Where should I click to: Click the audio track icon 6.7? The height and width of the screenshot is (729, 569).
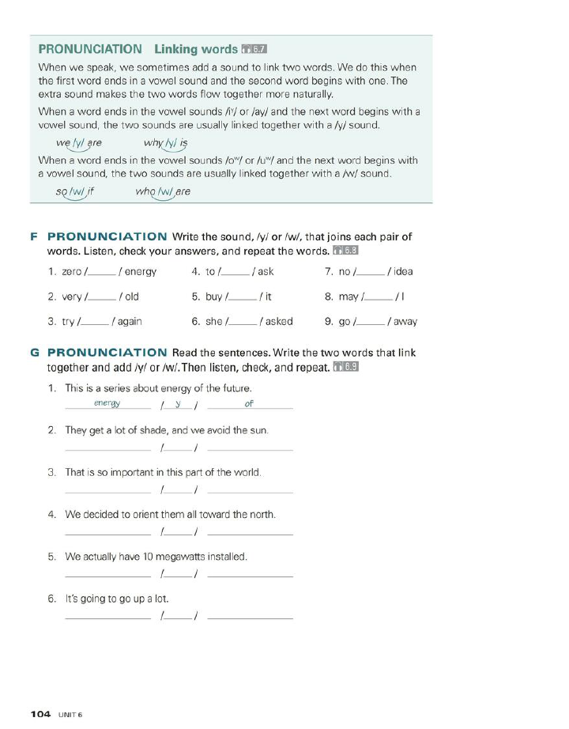255,49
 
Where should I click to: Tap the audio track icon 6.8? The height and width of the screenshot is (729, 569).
346,251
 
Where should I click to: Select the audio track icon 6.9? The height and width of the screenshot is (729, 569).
346,367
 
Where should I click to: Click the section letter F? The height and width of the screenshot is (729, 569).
34,236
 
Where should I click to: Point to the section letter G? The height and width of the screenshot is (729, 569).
35,353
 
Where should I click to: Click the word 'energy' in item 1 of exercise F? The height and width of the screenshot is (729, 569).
141,271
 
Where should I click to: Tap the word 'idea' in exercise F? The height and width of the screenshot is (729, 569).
403,271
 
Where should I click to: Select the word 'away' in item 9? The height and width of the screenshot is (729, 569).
405,322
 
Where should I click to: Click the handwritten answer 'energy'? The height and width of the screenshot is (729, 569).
107,403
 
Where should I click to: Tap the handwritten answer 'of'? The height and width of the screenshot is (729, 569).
249,403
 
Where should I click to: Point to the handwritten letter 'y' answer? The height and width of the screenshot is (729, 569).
179,403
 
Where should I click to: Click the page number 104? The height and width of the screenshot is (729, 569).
41,714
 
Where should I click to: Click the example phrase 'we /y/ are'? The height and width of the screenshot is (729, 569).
79,143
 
